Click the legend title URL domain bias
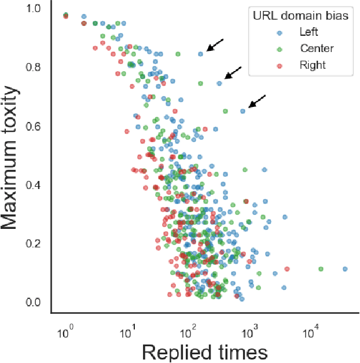(300, 16)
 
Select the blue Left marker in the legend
(280, 32)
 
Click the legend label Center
(317, 49)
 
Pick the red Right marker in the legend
(280, 65)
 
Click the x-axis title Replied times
(204, 352)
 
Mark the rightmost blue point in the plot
(345, 269)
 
